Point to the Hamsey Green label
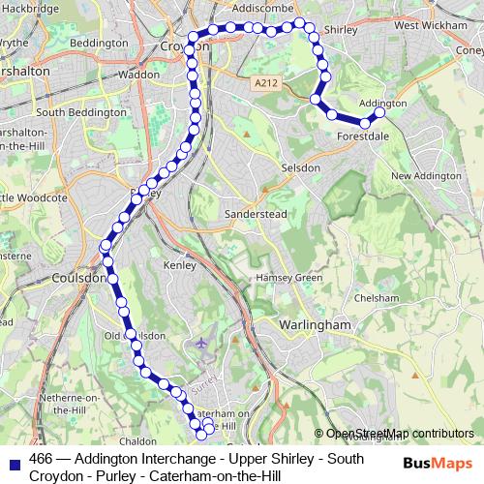click(288, 278)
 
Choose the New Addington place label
click(426, 176)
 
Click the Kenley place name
click(180, 263)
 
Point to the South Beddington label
click(80, 112)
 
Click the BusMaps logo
click(435, 464)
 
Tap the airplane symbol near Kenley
click(201, 343)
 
